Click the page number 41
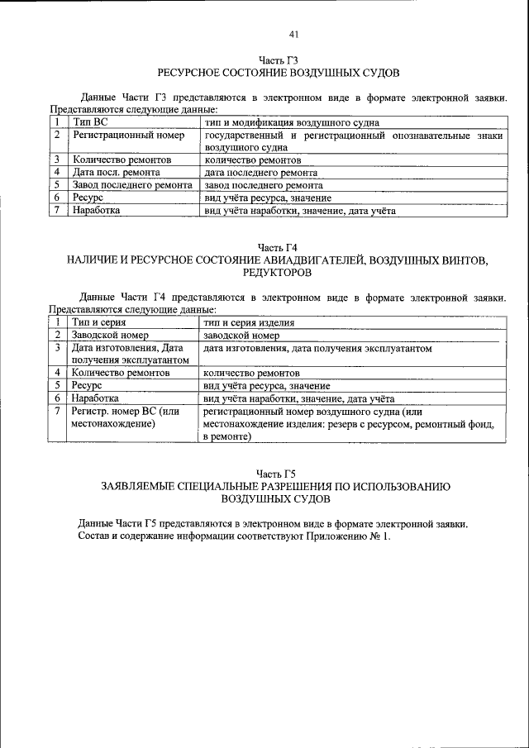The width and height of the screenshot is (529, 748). coord(293,34)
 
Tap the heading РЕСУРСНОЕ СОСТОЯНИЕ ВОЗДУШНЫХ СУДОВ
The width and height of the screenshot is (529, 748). coord(278,74)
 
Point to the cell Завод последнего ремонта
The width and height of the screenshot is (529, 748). coord(132,186)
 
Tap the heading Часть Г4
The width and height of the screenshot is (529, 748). coord(278,247)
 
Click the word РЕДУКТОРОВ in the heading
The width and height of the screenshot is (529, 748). coord(278,272)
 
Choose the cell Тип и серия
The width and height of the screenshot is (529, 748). coord(98,323)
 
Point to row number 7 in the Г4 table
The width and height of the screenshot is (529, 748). coord(57,411)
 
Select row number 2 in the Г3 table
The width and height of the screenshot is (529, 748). coord(57,135)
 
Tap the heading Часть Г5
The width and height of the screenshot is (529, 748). coord(278,473)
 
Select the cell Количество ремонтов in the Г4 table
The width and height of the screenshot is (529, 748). coord(121,374)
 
